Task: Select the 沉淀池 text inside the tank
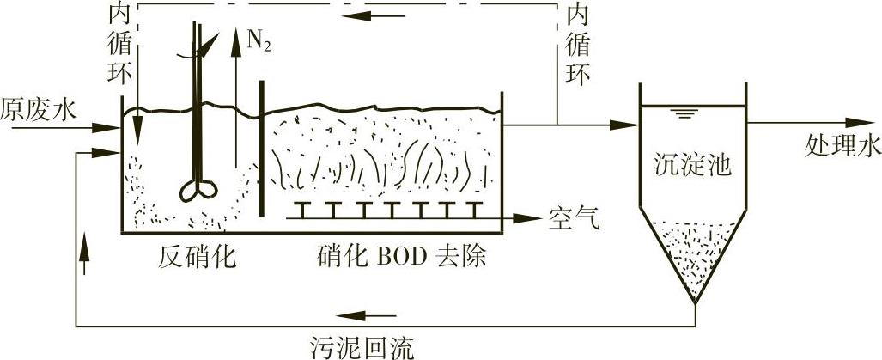[695, 162]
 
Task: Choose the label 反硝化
[197, 257]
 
